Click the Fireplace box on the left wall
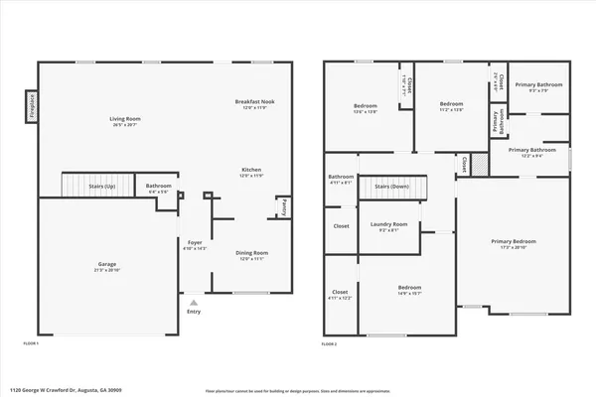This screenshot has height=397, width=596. click(x=30, y=102)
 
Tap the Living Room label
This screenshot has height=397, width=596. click(x=124, y=120)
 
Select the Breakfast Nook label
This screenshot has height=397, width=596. click(x=253, y=103)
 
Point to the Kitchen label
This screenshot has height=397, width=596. click(x=251, y=173)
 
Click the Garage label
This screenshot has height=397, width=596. click(x=105, y=267)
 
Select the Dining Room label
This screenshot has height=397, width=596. click(x=251, y=255)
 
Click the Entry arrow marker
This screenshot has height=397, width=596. click(x=193, y=303)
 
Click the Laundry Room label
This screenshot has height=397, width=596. click(x=389, y=224)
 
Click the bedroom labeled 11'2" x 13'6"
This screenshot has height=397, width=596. click(x=452, y=105)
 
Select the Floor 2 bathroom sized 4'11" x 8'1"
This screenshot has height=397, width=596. click(x=341, y=180)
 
